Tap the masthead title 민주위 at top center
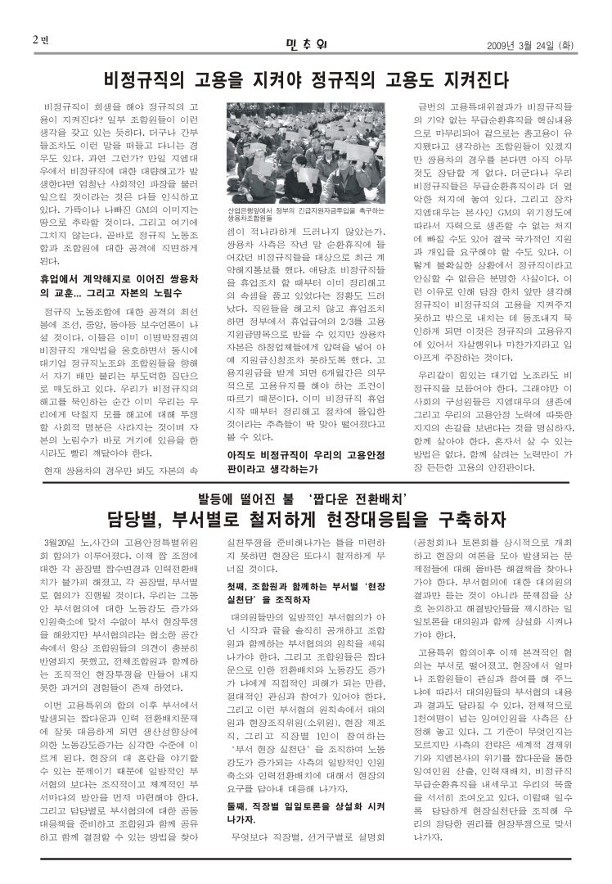tap(307, 41)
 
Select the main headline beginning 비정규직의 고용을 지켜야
tap(307, 79)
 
